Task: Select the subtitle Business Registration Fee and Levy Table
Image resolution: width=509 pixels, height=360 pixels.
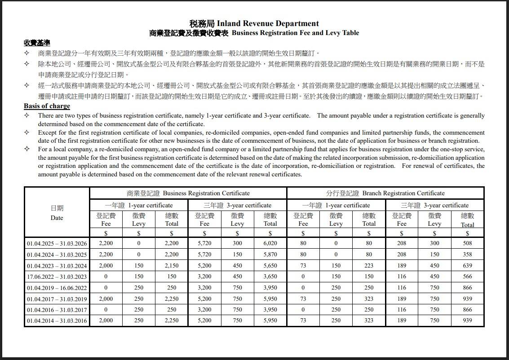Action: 295,33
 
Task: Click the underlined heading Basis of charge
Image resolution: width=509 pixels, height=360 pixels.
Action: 47,106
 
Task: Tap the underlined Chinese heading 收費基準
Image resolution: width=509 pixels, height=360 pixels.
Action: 37,43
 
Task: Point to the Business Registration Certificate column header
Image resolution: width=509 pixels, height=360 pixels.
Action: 188,193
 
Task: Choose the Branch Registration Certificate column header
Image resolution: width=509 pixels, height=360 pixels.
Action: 385,193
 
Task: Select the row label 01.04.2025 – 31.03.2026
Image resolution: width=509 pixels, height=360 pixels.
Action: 57,243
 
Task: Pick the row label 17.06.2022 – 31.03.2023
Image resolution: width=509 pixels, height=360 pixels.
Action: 57,277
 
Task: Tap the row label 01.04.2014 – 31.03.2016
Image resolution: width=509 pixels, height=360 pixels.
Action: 57,321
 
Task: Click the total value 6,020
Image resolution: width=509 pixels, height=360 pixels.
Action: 270,243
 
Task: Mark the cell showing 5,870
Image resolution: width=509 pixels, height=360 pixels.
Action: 270,255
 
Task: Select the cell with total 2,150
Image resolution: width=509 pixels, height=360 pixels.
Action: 172,266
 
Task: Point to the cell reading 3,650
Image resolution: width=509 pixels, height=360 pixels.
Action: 270,277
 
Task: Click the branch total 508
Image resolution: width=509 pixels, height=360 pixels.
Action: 467,243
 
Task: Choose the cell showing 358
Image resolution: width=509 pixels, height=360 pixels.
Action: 467,255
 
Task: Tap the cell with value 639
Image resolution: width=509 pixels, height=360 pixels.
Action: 467,266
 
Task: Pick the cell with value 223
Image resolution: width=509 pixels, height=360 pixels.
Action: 369,266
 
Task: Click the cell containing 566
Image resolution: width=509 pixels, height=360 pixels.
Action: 467,277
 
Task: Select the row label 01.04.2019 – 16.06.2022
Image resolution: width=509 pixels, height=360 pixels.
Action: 57,288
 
